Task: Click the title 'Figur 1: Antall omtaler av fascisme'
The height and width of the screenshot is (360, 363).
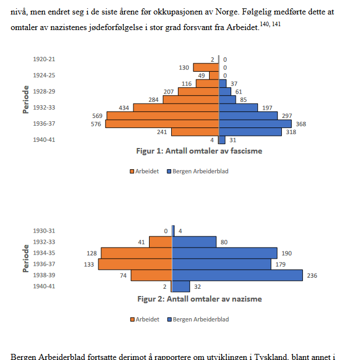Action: tap(199, 150)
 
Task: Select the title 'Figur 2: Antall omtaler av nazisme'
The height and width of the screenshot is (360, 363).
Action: tap(200, 299)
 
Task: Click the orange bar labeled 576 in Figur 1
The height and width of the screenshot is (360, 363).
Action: tap(162, 124)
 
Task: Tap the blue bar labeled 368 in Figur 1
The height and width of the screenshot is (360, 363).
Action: tap(255, 124)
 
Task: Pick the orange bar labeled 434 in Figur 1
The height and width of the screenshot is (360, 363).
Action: tap(176, 107)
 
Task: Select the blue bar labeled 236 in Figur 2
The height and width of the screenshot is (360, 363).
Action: tap(237, 275)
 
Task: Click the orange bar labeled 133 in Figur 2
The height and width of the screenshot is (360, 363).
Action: tap(135, 264)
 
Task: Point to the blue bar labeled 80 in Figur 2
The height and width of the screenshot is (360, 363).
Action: tap(195, 241)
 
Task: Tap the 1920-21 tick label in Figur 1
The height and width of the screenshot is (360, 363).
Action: tap(44, 59)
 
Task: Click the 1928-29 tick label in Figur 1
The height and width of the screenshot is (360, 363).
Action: tap(44, 91)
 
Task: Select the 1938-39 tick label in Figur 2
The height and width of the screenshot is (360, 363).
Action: tap(44, 275)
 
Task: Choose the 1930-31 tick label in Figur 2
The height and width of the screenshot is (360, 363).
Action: tap(44, 230)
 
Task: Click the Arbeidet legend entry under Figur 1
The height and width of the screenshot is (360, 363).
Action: tap(145, 171)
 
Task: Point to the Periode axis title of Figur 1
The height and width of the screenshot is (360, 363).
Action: tap(26, 99)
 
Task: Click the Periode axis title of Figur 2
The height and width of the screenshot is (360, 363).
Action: tap(26, 258)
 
